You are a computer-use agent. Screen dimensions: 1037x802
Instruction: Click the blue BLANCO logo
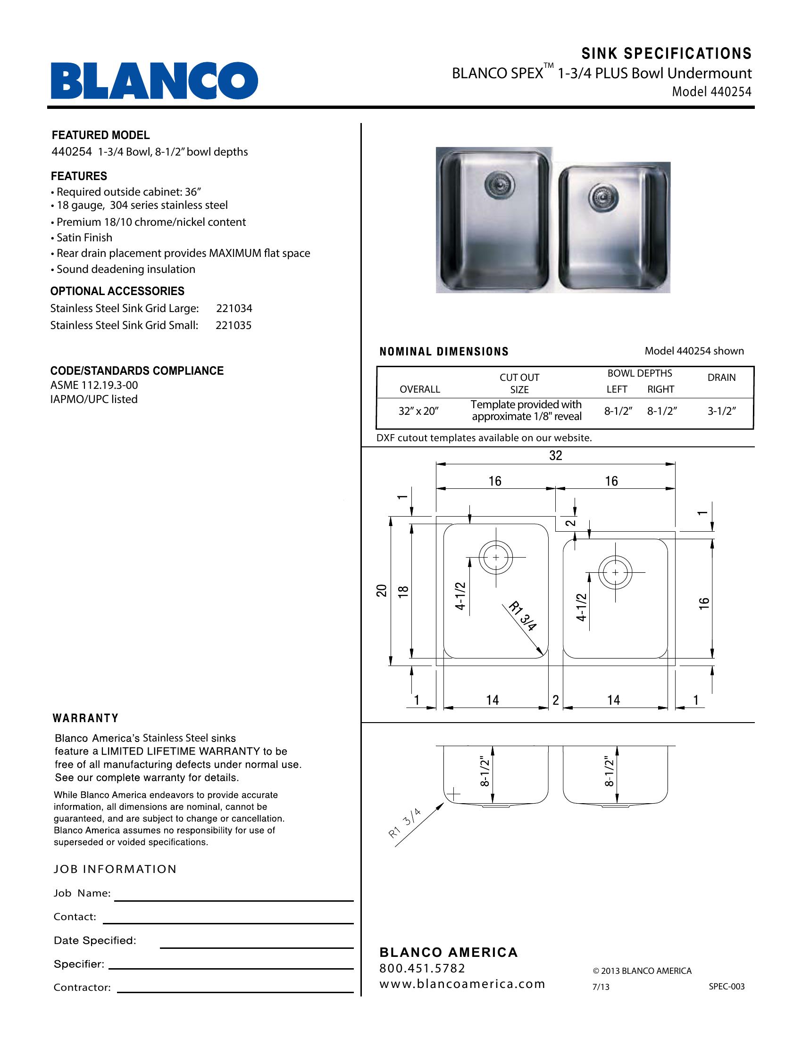pyautogui.click(x=154, y=80)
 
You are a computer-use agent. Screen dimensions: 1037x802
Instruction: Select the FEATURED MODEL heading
pyautogui.click(x=101, y=135)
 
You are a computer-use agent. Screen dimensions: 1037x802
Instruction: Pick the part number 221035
pyautogui.click(x=234, y=326)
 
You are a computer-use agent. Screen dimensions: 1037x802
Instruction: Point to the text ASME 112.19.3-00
pyautogui.click(x=94, y=385)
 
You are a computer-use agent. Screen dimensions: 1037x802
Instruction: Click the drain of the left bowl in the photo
pyautogui.click(x=496, y=183)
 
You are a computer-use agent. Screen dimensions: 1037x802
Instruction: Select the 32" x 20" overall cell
pyautogui.click(x=418, y=411)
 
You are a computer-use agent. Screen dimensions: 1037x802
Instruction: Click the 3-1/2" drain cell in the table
pyautogui.click(x=722, y=411)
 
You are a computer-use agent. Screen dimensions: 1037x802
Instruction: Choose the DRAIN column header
pyautogui.click(x=721, y=378)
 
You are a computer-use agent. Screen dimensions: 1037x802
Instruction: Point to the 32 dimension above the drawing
pyautogui.click(x=555, y=456)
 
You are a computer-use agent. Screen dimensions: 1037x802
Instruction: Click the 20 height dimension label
pyautogui.click(x=382, y=591)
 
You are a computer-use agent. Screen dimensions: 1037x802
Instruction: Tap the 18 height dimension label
pyautogui.click(x=403, y=591)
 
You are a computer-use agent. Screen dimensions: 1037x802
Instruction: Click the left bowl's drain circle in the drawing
pyautogui.click(x=496, y=558)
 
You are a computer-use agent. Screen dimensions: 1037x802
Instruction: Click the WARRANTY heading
pyautogui.click(x=85, y=718)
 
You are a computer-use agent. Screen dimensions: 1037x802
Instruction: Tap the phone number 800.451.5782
pyautogui.click(x=422, y=968)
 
